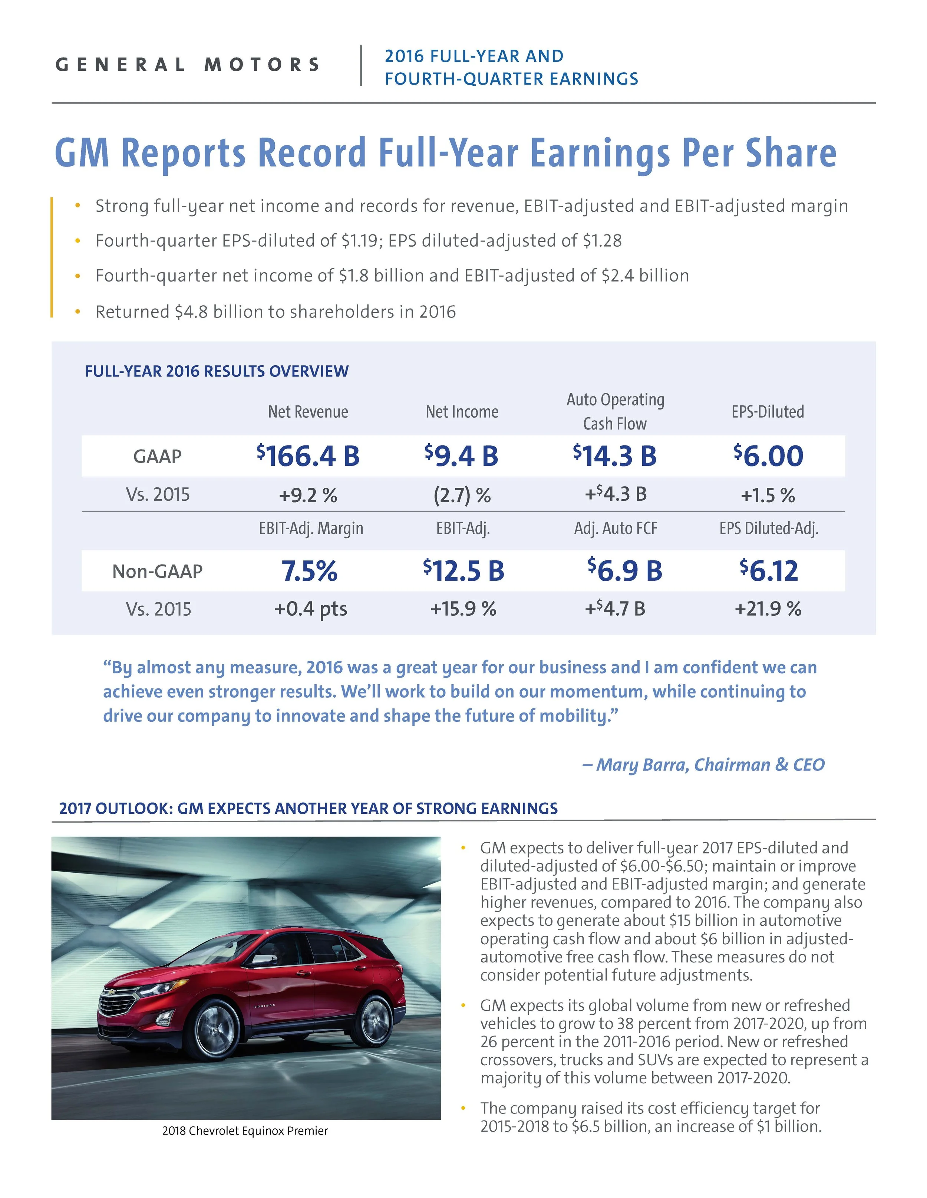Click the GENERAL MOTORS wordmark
click(x=188, y=65)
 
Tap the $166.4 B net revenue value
click(x=308, y=456)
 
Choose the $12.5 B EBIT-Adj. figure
click(x=463, y=571)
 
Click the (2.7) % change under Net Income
click(x=462, y=495)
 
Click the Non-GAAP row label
click(x=158, y=572)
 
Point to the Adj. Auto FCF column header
click(x=616, y=529)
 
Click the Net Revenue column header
click(x=308, y=412)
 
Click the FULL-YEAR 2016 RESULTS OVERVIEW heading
click(x=217, y=371)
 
